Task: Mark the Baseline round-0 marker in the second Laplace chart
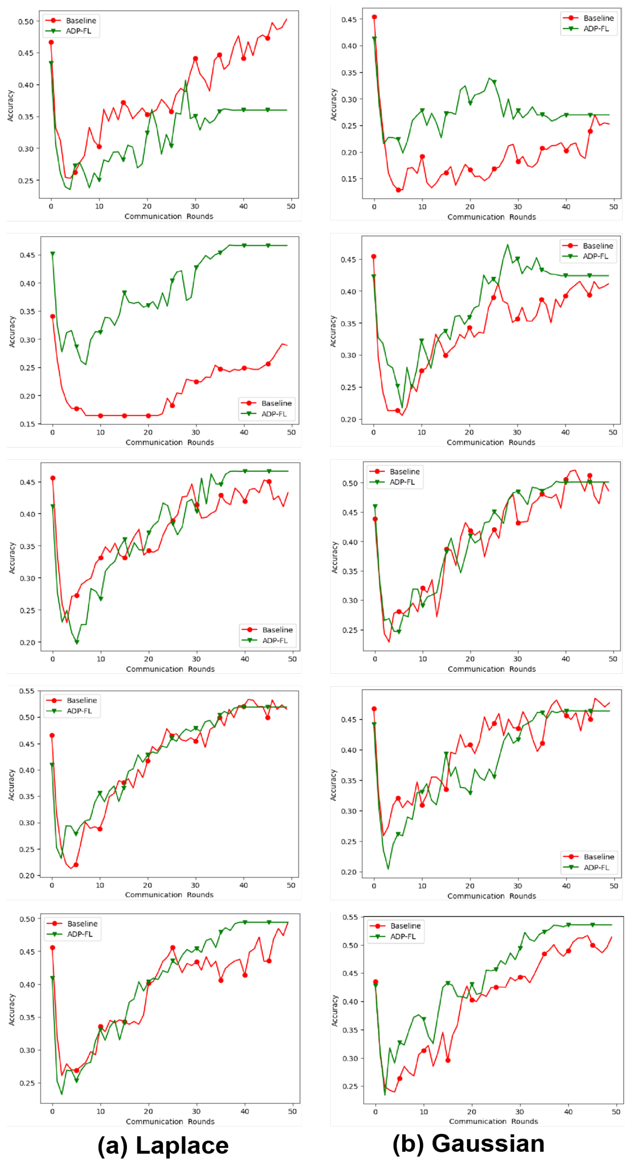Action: pyautogui.click(x=53, y=316)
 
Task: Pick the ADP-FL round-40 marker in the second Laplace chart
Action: pyautogui.click(x=244, y=245)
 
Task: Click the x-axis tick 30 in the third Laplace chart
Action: pyautogui.click(x=196, y=659)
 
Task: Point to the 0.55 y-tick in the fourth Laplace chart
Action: pyautogui.click(x=27, y=691)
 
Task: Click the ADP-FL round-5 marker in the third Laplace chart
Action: pyautogui.click(x=77, y=642)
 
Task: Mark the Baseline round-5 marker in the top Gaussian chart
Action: pyautogui.click(x=398, y=190)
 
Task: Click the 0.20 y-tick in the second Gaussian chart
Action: pyautogui.click(x=348, y=420)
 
